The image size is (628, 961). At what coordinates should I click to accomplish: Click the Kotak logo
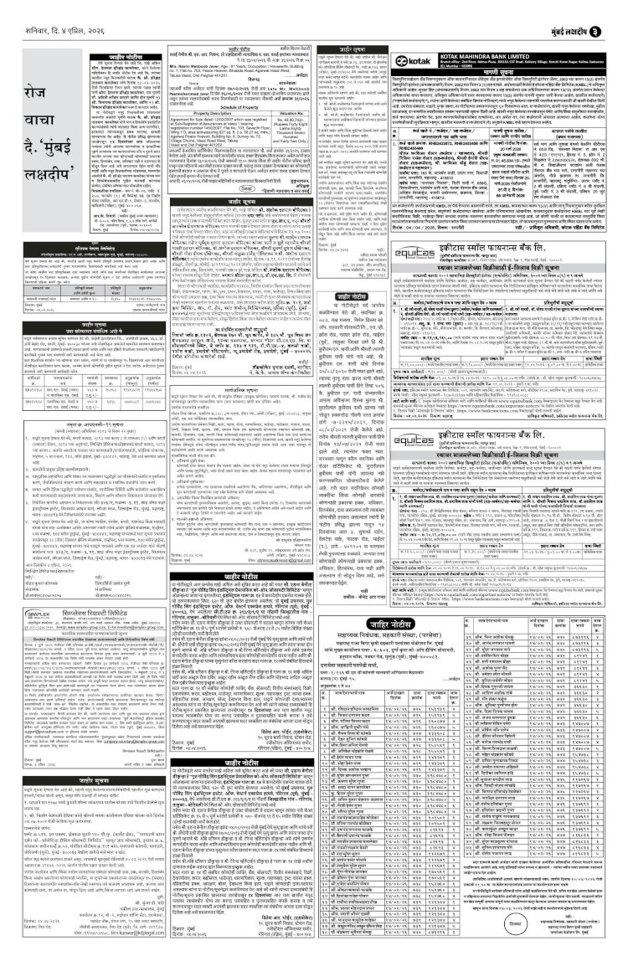[410, 63]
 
